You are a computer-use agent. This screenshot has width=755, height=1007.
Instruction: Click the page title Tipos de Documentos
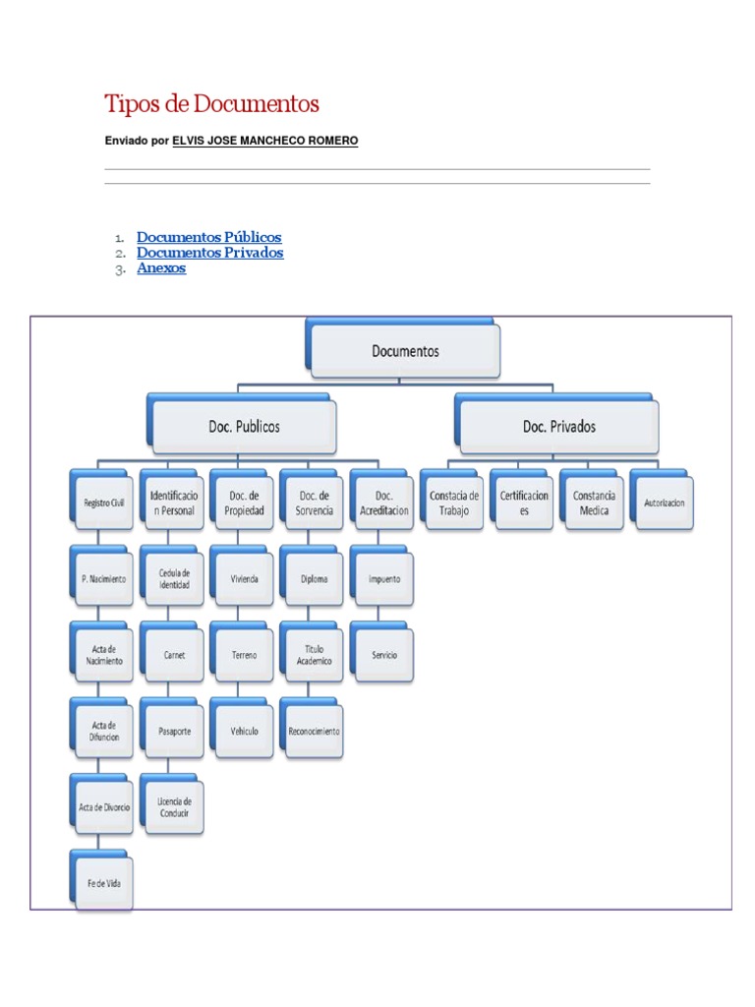coord(211,103)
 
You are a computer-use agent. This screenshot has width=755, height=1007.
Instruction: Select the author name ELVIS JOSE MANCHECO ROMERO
coord(264,141)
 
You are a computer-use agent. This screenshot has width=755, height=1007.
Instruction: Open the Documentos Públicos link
coord(208,237)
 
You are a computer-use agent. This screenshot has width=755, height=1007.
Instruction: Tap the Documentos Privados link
coord(209,253)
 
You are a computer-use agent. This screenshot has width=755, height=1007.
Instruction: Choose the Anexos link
coord(161,267)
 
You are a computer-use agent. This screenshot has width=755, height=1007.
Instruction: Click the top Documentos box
coord(405,351)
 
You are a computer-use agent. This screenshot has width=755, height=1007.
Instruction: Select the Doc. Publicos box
coord(244,427)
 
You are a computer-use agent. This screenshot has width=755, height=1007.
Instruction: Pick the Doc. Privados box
coord(558,427)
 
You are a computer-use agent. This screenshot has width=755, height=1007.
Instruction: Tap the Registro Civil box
coord(103,503)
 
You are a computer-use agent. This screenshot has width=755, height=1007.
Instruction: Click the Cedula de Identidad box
coord(174,579)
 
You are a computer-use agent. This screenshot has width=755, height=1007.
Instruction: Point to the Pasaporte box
coord(174,731)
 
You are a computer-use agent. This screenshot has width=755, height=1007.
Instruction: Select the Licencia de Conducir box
coord(174,807)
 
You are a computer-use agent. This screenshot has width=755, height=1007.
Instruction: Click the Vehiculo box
coord(244,731)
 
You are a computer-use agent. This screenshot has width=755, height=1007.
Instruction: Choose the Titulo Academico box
coord(314,655)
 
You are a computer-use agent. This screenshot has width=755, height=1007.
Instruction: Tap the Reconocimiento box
coord(314,731)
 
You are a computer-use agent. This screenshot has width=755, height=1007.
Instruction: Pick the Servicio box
coord(384,655)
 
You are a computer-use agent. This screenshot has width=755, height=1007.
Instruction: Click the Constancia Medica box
coord(594,503)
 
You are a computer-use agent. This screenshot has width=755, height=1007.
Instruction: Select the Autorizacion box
coord(665,503)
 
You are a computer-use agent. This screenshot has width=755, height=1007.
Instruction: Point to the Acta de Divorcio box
coord(103,807)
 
